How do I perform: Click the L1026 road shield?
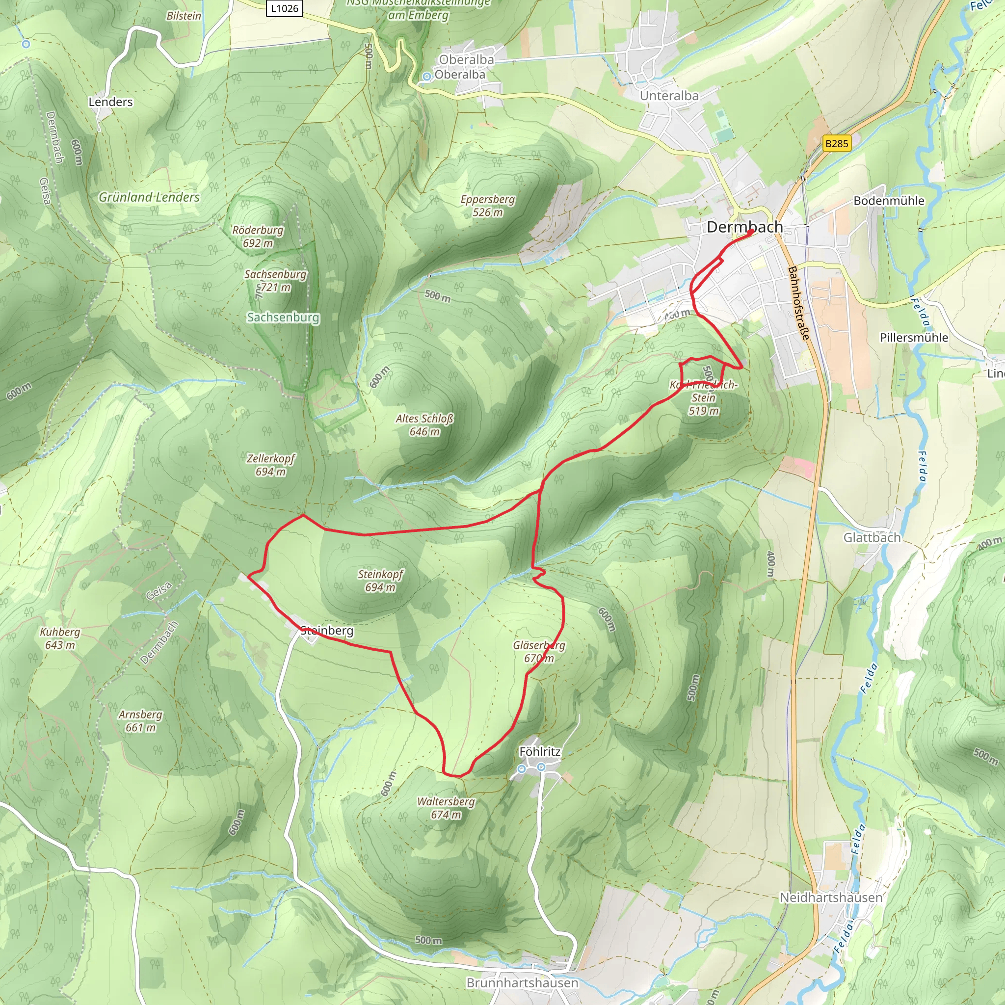285,8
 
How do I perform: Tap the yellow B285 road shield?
837,144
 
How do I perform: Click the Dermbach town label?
744,227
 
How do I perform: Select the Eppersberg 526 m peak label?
487,206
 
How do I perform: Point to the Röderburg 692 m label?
258,237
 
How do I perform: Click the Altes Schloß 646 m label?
424,425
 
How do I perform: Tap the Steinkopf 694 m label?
380,581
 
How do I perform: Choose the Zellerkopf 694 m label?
270,465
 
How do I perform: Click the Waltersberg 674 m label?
446,808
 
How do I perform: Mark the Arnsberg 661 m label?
140,721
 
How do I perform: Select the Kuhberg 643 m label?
60,638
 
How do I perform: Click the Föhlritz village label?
540,752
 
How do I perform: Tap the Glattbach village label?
872,537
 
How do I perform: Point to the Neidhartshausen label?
831,898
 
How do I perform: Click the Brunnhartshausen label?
522,982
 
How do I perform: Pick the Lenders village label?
110,102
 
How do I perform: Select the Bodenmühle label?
889,201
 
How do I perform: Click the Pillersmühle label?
914,338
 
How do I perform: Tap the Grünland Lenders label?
149,197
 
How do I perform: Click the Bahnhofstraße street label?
798,303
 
